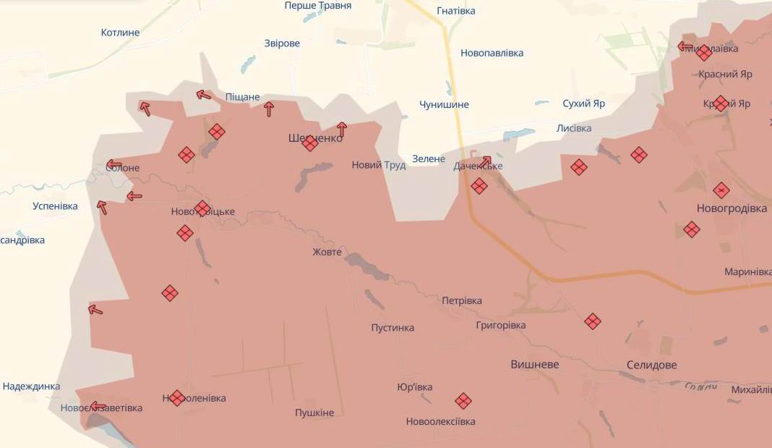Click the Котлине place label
(x=120, y=33)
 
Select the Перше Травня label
(x=318, y=6)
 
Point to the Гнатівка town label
(x=456, y=11)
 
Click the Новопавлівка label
(x=492, y=53)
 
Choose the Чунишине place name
(x=444, y=104)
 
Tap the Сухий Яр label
(x=584, y=103)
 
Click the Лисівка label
(x=574, y=128)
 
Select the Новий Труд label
(x=379, y=165)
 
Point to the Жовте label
(x=327, y=252)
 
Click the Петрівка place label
(x=462, y=300)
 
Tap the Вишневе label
(x=535, y=365)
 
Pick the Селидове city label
(x=652, y=365)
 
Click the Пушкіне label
(x=314, y=413)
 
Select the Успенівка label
(x=55, y=206)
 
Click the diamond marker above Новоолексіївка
(x=463, y=400)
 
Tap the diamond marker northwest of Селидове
(x=593, y=321)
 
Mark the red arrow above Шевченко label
(x=341, y=129)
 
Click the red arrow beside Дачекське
(x=486, y=161)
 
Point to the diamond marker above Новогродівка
(x=721, y=190)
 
